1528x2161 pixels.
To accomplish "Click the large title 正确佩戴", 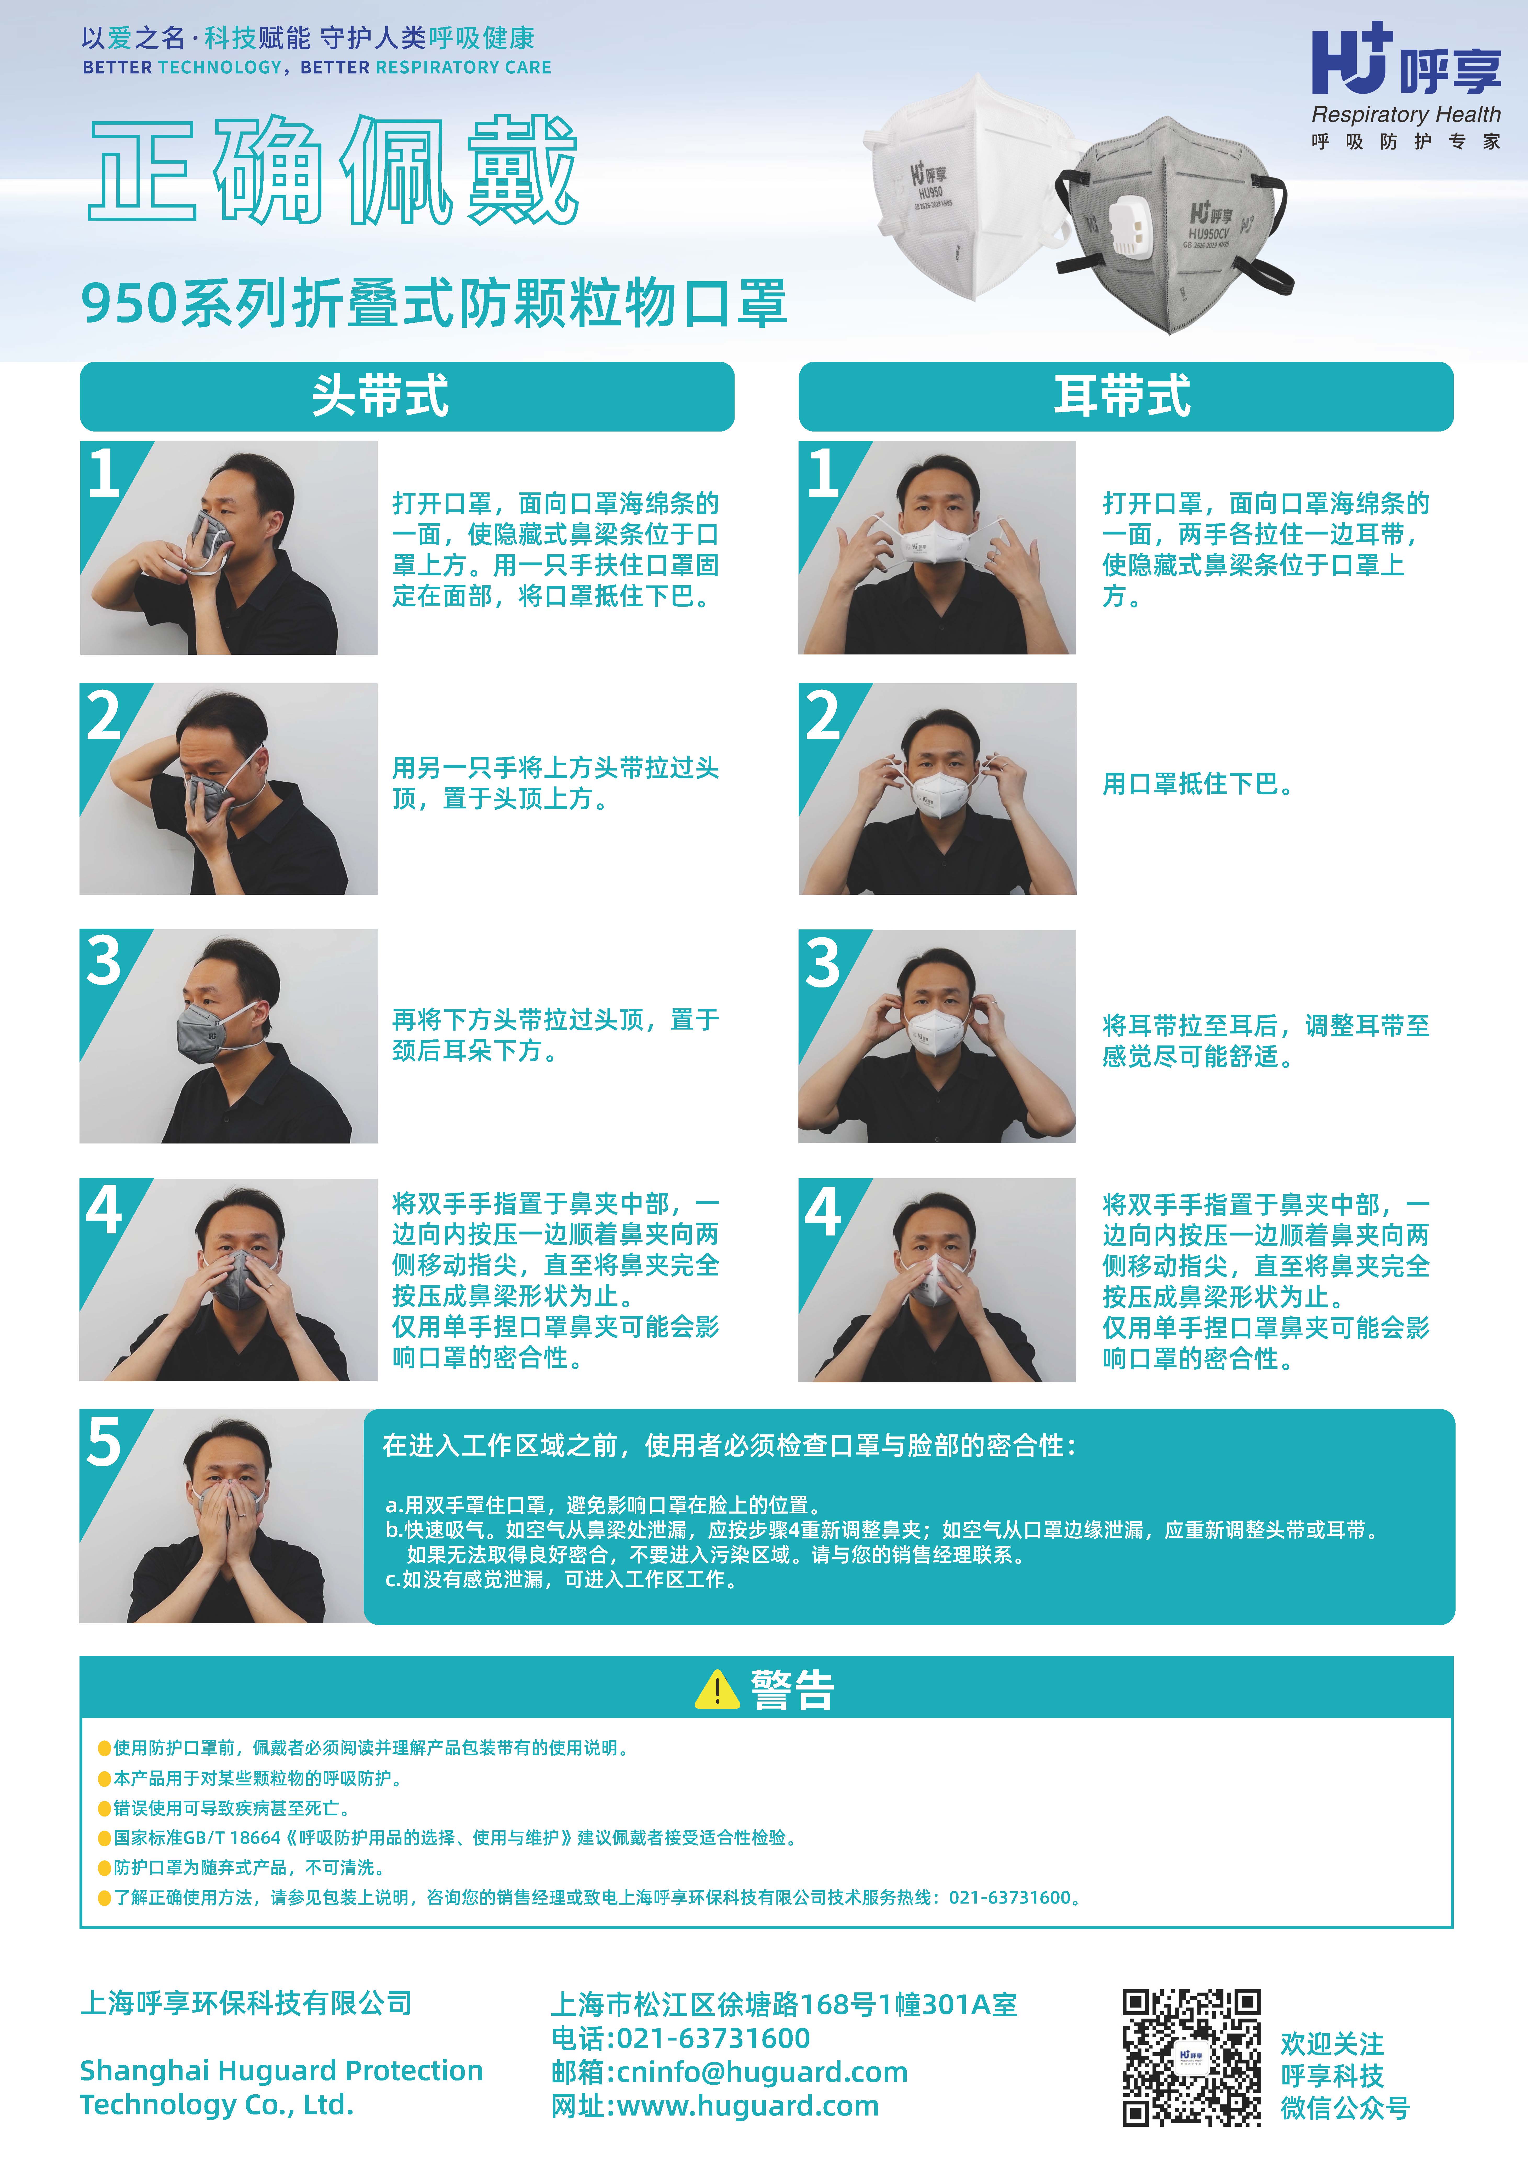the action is coord(333,169).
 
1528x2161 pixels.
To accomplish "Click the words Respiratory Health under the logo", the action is coord(1407,115).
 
